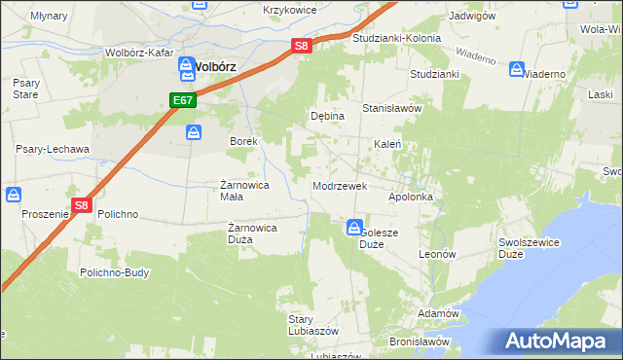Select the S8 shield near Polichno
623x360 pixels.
(82, 205)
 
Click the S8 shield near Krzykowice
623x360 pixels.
(303, 45)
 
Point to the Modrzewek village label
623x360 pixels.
(339, 185)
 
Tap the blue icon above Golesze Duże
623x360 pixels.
(353, 228)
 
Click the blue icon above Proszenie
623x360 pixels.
(14, 195)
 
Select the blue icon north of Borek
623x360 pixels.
(195, 131)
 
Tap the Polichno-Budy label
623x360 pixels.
(115, 272)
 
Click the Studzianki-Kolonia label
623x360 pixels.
(397, 39)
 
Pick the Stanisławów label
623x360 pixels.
(391, 108)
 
